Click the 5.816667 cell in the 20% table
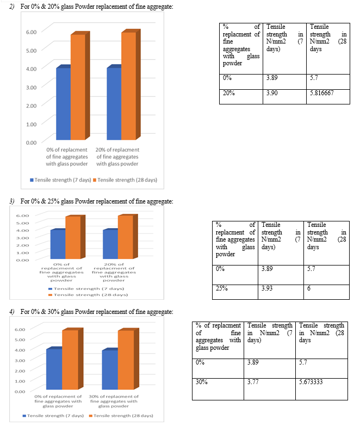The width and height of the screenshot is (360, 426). pos(328,97)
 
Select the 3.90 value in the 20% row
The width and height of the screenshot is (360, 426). pos(284,97)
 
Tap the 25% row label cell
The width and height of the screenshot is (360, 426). pos(235,292)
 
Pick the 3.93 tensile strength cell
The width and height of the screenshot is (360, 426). pos(281,292)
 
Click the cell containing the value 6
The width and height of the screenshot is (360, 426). pos(326,292)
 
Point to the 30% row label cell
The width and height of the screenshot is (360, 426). pos(218,389)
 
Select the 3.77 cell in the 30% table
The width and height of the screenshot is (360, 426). pos(270,389)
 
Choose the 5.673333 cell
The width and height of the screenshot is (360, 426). pos(321,389)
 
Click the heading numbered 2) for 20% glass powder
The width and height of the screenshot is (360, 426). pos(91,7)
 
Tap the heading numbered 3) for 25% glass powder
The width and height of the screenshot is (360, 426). pos(91,201)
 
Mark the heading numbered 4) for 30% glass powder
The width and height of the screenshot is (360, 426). pos(91,312)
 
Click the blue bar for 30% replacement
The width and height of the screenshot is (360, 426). pos(110,369)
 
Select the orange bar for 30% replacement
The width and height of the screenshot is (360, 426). pos(126,360)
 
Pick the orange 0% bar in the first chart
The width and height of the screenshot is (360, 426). pos(78,87)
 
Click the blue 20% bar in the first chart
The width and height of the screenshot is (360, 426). pos(114,104)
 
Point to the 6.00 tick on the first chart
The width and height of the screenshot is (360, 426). pos(31,32)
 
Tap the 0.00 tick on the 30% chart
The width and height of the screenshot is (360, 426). pos(20,392)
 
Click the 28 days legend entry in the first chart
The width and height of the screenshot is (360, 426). pos(125,180)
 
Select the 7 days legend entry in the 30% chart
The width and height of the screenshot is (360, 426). pos(53,416)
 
